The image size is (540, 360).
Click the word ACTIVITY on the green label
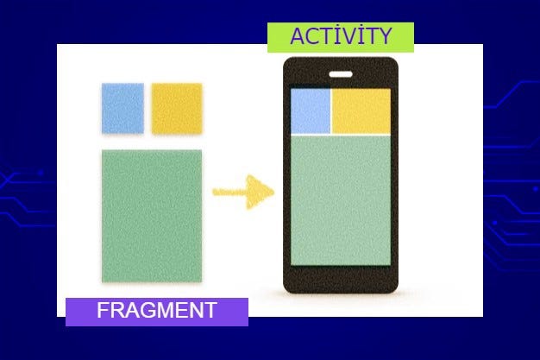coord(341,36)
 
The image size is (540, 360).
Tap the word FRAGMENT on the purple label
coord(157,311)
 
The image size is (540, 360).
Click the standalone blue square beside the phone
coord(122,109)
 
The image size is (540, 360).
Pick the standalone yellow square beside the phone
coord(177,109)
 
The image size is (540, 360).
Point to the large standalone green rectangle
coord(152,215)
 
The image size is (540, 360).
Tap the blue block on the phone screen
coord(311,111)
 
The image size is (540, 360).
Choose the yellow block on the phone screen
coord(361,111)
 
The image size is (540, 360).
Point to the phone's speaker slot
coord(341,73)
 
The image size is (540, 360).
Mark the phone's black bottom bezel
coord(341,280)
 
